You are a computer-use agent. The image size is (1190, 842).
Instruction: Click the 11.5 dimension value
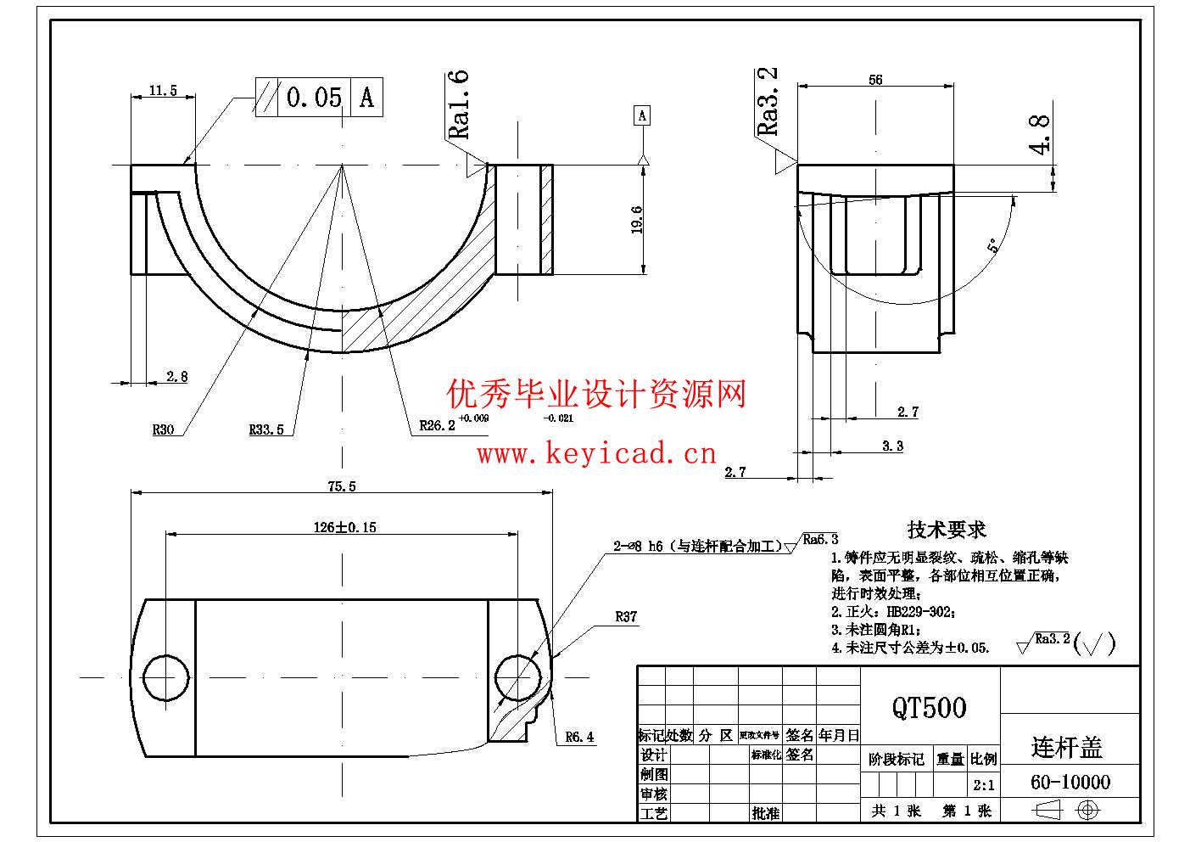point(162,90)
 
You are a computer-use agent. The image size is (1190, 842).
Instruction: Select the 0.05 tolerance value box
point(314,97)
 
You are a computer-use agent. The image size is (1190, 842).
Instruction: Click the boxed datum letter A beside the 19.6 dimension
point(642,115)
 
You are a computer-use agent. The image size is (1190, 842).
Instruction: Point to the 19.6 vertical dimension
point(637,219)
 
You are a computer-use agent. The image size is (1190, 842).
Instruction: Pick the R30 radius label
point(163,429)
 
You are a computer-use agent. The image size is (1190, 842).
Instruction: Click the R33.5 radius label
point(266,429)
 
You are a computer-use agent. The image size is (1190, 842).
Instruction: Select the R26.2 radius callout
point(438,425)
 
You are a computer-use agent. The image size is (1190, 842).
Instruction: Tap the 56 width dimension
point(875,80)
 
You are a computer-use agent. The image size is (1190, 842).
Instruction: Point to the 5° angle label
point(992,246)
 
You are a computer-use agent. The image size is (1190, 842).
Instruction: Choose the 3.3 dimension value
point(892,446)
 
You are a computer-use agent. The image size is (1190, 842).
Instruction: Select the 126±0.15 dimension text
point(344,527)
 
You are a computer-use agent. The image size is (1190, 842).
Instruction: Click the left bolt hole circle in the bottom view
point(166,677)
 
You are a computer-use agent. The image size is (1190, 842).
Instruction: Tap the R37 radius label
point(626,617)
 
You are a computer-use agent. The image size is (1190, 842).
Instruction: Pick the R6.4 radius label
point(580,737)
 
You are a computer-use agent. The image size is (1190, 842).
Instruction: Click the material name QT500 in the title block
point(929,707)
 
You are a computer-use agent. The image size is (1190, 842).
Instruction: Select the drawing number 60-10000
point(1070,782)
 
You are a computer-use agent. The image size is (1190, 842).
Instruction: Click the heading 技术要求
point(947,530)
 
